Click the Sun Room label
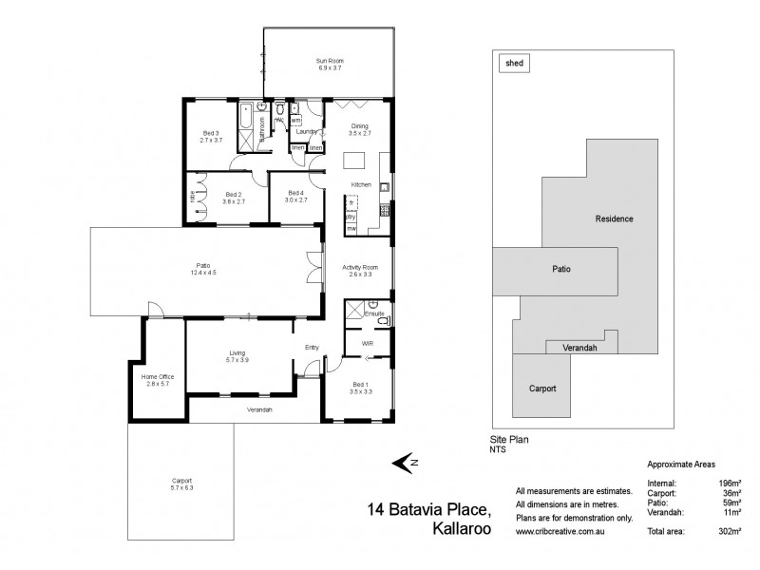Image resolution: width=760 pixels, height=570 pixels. coord(328,62)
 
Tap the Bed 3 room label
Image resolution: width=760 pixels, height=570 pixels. coord(210,133)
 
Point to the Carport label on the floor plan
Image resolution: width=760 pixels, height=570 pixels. coord(180,482)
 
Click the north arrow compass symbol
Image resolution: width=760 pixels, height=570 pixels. coord(407,462)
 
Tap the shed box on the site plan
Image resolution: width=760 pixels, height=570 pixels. coord(514,64)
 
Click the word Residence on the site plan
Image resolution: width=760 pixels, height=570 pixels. coord(614,218)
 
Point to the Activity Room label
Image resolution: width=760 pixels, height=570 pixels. coord(360,268)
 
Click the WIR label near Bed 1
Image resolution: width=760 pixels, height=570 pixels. coord(367,343)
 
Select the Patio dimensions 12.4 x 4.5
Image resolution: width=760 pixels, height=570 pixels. coord(203,274)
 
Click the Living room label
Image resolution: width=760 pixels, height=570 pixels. coord(237,352)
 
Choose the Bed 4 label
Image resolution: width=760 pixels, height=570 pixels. coord(297,193)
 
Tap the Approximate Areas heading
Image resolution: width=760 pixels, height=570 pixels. coord(679,465)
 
